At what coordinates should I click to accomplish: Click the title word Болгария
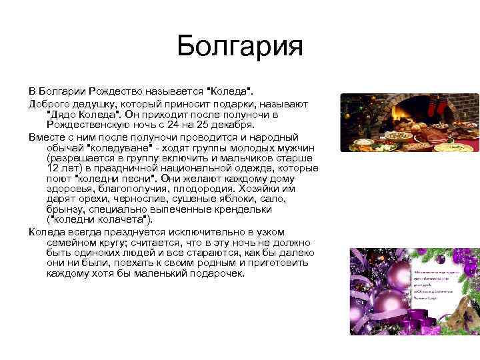240,47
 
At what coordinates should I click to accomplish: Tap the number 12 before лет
55,169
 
